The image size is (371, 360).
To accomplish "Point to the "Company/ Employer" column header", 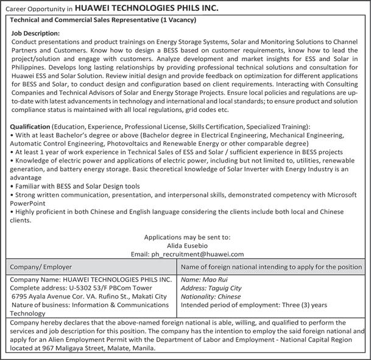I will coord(41,267).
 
